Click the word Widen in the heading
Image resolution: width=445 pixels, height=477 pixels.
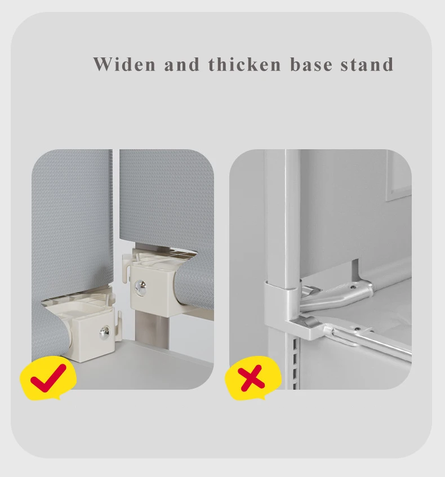click(124, 64)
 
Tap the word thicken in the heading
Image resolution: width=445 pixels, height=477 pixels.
click(244, 64)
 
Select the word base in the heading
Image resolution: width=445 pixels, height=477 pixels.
click(311, 64)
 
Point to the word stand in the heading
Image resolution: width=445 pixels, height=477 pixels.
click(367, 64)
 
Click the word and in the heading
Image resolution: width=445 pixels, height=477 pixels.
click(182, 64)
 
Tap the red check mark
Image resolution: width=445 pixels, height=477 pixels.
click(48, 377)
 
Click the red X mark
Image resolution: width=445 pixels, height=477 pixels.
click(251, 378)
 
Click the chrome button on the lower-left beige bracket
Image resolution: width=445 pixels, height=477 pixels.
click(105, 332)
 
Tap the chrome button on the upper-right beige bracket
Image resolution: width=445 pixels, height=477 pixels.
click(141, 286)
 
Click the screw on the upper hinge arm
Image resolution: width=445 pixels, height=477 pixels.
click(353, 287)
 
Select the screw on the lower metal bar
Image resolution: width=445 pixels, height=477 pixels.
click(358, 329)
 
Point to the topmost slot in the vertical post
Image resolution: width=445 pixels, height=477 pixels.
click(295, 344)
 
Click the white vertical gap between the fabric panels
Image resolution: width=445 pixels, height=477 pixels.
click(116, 213)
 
